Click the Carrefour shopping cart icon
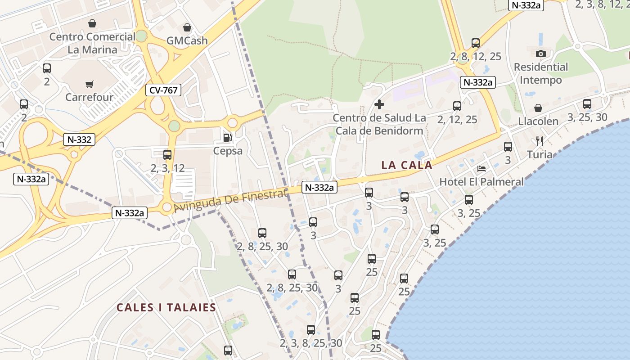coord(89,84)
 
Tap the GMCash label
coord(187,40)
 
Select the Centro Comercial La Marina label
coord(92,43)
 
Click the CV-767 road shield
coord(163,90)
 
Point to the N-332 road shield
coord(79,139)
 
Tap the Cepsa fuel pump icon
coord(227,138)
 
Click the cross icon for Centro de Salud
coord(379,105)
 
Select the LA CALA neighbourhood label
coord(407,165)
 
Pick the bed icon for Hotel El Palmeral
coord(481,169)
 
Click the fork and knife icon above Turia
coord(540,141)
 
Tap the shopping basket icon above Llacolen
coord(538,108)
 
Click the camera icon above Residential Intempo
coord(541,54)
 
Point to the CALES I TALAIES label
coord(166,308)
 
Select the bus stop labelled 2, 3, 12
coord(167,155)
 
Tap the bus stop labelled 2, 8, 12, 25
coord(476,43)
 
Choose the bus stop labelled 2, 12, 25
coord(457,106)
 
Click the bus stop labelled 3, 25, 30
coord(587,104)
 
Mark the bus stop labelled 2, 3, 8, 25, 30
coord(311,330)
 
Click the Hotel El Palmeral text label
coord(481,182)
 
